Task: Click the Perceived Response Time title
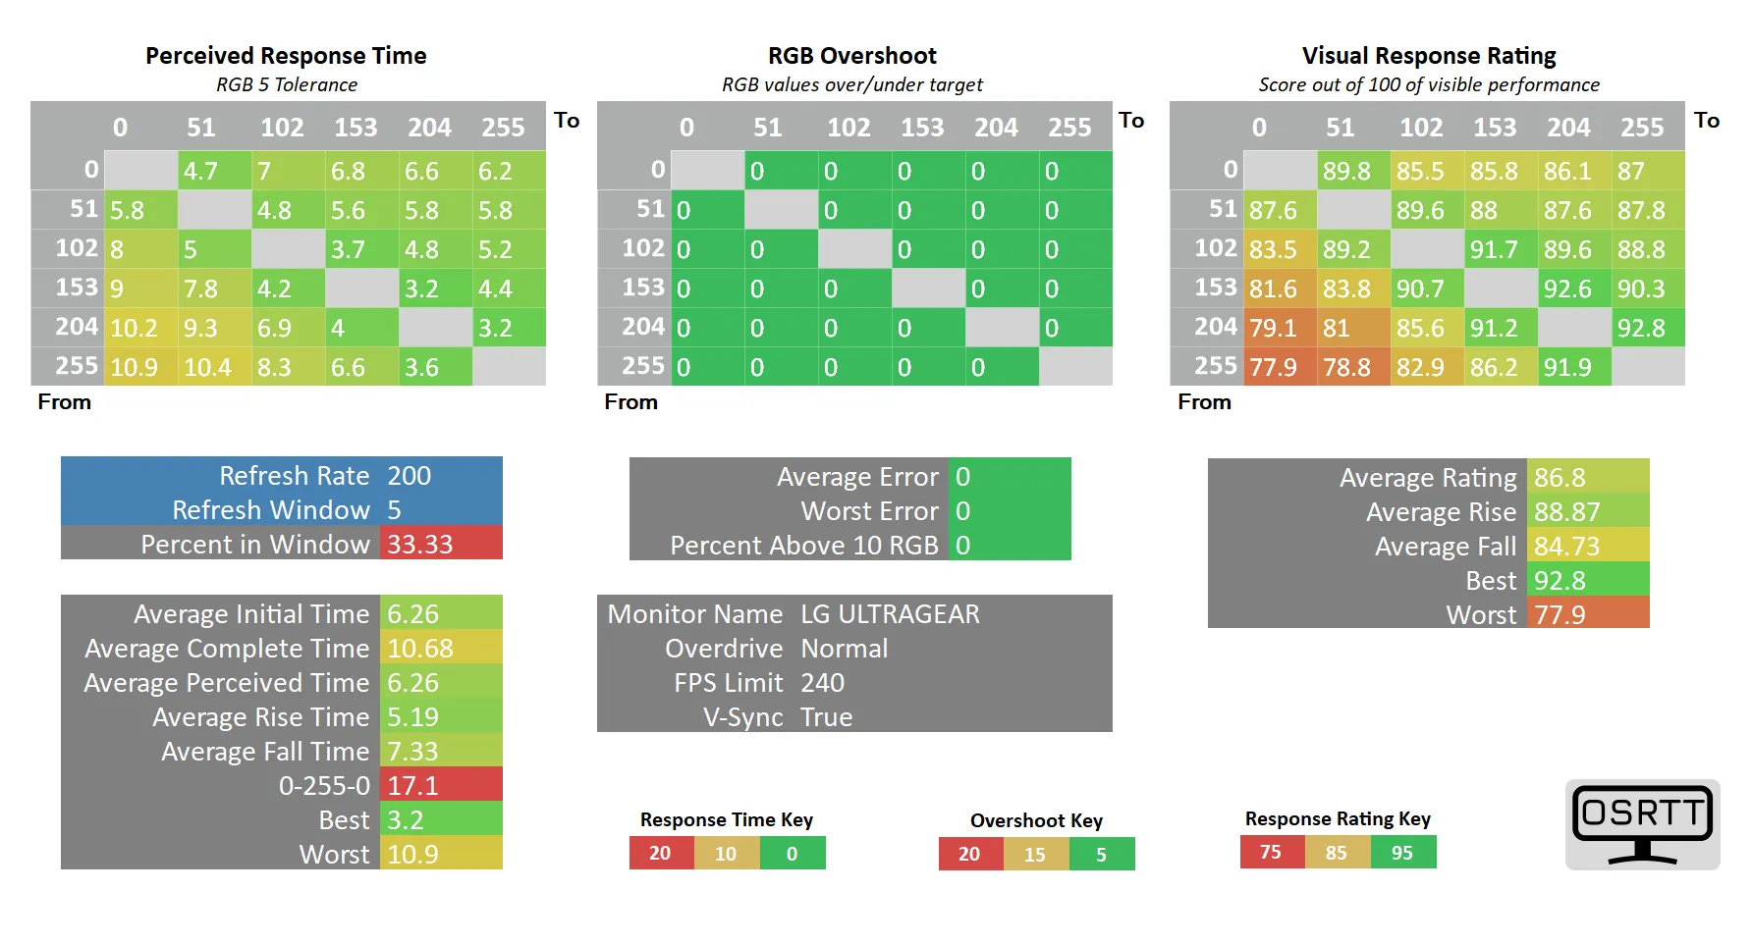pos(286,56)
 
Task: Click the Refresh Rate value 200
pos(409,476)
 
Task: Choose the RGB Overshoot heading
pos(851,56)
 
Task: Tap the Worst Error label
pos(869,511)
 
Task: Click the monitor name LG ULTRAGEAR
pos(890,614)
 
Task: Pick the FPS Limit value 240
pos(822,683)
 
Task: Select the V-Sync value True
pos(826,717)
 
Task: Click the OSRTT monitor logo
pos(1642,824)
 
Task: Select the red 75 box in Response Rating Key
pos(1271,852)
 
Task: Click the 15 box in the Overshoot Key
pos(1035,854)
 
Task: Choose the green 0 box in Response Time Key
pos(792,853)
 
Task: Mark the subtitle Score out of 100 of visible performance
pos(1429,85)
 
